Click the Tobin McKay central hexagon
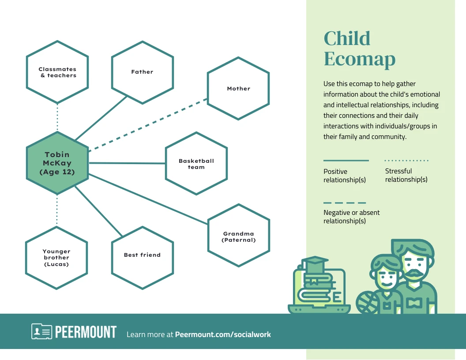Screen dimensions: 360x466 (57, 163)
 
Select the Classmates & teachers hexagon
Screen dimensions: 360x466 (57, 72)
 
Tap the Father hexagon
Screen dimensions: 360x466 (142, 72)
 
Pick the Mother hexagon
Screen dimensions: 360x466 (238, 88)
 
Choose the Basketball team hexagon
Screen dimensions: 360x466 (196, 164)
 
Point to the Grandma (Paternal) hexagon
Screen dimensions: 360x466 (239, 236)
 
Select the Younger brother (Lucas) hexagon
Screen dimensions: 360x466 (56, 258)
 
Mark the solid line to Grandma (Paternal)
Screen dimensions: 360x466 (150, 199)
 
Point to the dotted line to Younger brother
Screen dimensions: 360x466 (57, 210)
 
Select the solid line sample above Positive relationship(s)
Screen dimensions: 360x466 (346, 161)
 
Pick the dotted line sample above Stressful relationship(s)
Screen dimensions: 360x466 (406, 161)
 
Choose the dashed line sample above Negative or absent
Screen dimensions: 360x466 (345, 203)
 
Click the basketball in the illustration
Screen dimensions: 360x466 (368, 302)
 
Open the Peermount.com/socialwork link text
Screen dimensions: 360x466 (223, 334)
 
